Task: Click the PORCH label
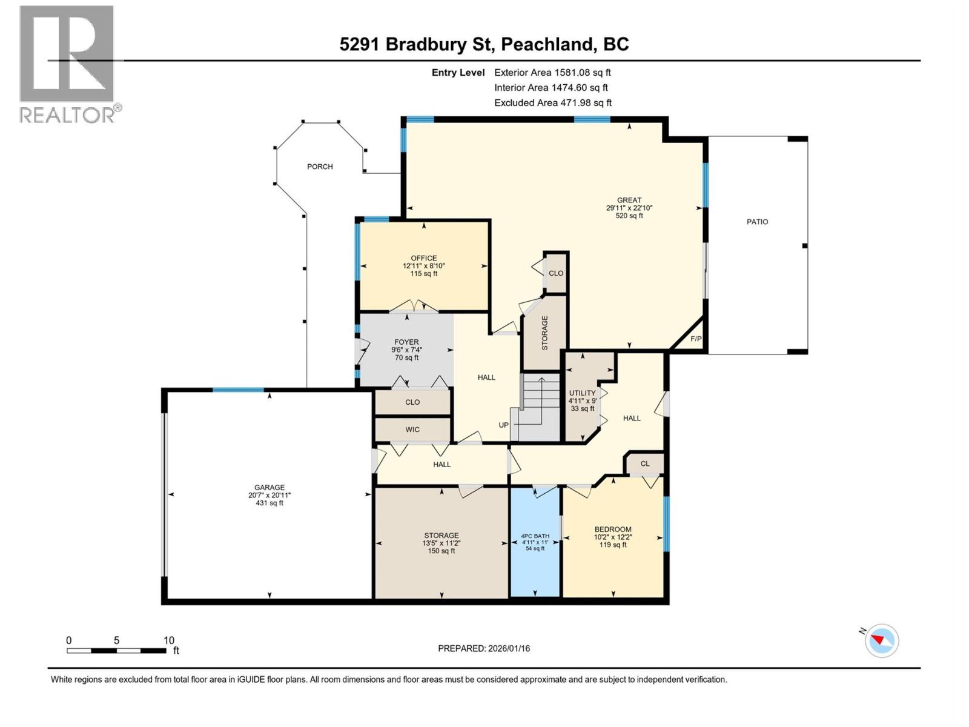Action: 320,167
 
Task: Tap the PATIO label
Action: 757,222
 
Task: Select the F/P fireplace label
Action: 696,339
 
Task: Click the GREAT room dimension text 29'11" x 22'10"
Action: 629,208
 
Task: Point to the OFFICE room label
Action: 423,258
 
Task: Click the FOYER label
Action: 406,342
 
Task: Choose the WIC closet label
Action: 412,430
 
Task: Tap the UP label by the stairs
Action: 503,425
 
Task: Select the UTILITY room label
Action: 582,393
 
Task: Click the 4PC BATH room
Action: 535,542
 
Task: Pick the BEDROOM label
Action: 613,529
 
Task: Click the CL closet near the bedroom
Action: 645,463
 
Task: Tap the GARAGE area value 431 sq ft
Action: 270,503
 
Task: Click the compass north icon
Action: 882,640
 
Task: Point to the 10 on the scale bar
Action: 169,640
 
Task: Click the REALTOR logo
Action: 68,64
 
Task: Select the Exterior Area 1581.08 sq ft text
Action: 552,72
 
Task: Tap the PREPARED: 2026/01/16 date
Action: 484,648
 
